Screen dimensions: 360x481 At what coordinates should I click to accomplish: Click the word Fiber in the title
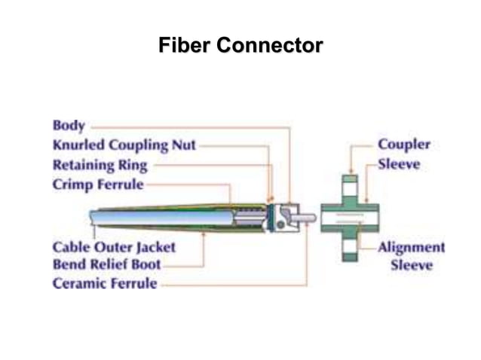click(184, 46)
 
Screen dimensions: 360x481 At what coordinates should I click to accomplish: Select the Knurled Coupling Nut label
click(124, 145)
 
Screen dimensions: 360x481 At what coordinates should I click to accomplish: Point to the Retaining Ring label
click(100, 165)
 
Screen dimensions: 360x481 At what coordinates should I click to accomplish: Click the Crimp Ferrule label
click(98, 184)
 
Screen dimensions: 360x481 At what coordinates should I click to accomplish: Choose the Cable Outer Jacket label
click(114, 246)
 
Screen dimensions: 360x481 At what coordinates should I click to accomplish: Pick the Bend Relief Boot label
click(106, 265)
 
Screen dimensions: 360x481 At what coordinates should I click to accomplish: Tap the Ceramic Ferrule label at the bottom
click(105, 284)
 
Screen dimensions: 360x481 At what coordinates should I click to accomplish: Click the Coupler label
click(404, 145)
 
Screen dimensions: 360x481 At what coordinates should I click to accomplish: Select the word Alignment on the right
click(411, 247)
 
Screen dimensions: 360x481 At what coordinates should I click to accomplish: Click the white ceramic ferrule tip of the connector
click(305, 218)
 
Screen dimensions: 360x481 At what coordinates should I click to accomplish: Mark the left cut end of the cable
click(92, 218)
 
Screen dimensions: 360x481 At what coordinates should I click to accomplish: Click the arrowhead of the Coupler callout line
click(351, 172)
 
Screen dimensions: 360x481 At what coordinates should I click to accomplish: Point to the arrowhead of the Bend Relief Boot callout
click(204, 234)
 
